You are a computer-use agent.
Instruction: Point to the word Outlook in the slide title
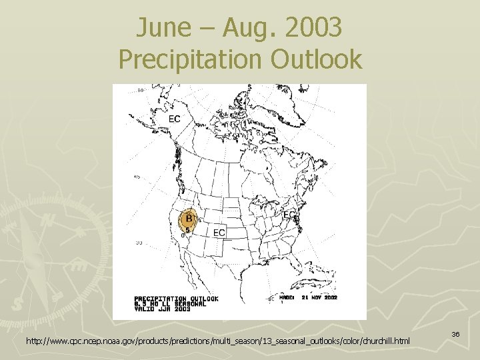tap(316, 59)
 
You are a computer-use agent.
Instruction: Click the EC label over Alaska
tap(174, 119)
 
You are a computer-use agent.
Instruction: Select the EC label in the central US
tap(219, 232)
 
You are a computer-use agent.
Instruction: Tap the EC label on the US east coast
tap(290, 215)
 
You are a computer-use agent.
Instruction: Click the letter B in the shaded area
tap(189, 218)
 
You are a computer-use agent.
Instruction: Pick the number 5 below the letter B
tap(187, 230)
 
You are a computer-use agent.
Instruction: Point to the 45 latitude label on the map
tap(136, 177)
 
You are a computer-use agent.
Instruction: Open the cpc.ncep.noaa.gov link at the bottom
tap(219, 342)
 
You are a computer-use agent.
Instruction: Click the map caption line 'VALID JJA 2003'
tap(163, 309)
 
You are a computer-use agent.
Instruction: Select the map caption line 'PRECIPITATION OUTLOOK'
tap(176, 299)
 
